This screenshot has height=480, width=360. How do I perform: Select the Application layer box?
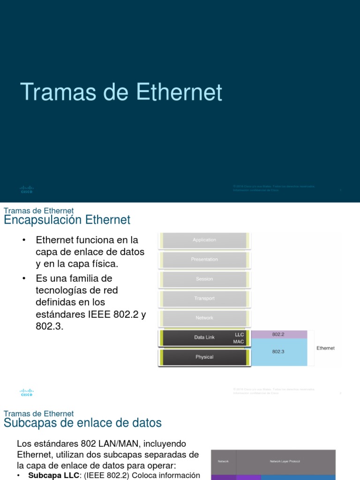click(x=204, y=240)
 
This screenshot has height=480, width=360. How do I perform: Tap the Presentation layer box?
click(x=204, y=259)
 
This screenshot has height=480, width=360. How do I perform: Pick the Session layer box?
click(x=204, y=279)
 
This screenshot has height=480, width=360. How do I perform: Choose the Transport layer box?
click(x=204, y=299)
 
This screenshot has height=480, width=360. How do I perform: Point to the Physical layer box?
click(x=204, y=357)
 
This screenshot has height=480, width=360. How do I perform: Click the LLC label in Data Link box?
click(x=239, y=335)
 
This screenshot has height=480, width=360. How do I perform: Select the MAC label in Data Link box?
click(x=239, y=342)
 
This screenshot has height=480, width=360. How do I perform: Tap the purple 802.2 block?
click(x=279, y=334)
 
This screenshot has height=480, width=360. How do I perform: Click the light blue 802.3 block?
click(x=279, y=352)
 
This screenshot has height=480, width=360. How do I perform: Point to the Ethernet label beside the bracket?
click(x=325, y=348)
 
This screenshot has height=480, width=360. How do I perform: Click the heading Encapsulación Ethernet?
click(x=67, y=220)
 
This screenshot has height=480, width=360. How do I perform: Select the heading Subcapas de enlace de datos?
click(x=82, y=423)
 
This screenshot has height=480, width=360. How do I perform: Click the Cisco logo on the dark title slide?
click(x=27, y=189)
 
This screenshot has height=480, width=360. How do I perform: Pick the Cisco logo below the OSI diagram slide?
click(x=27, y=392)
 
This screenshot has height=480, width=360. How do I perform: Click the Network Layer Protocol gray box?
click(x=285, y=462)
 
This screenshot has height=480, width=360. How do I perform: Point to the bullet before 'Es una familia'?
click(x=23, y=279)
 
